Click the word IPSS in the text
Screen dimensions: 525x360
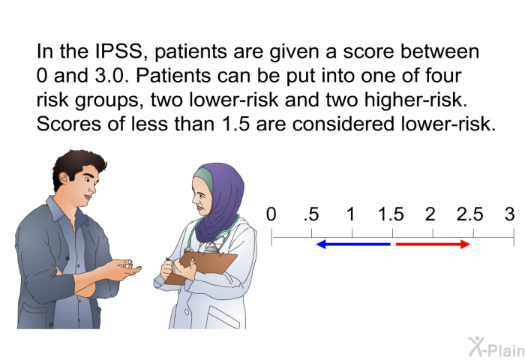coord(119,51)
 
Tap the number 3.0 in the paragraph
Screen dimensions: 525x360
coord(112,75)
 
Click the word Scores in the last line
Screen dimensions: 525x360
coord(69,124)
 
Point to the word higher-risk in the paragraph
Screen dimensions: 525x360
coord(415,100)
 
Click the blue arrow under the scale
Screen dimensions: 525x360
coord(353,244)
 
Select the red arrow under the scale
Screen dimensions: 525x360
coord(433,244)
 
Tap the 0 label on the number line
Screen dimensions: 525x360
coord(271,214)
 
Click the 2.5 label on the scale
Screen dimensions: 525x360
coord(469,214)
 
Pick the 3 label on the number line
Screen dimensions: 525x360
coord(509,214)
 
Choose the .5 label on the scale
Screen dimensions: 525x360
coord(311,214)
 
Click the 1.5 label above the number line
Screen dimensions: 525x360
coord(391,214)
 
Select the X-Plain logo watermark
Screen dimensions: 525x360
coord(496,347)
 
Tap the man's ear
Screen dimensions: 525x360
coord(64,178)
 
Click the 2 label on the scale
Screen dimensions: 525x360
coord(430,214)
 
